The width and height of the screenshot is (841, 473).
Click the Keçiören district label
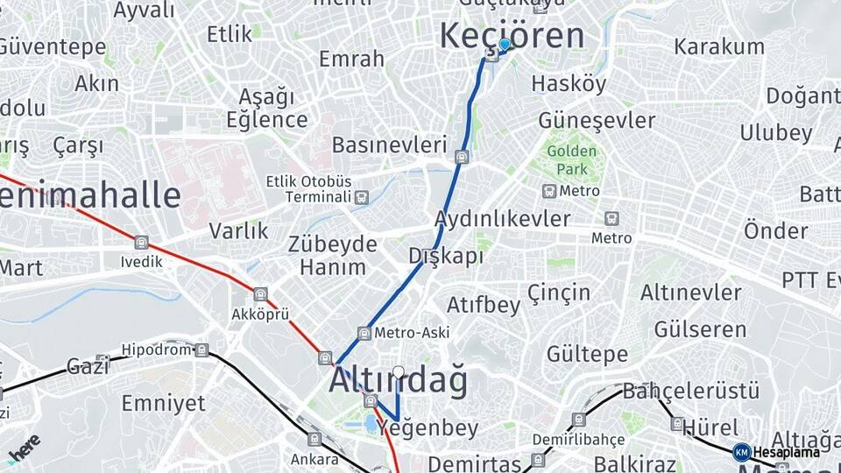(x=512, y=36)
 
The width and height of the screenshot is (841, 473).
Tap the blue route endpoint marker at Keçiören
(x=504, y=44)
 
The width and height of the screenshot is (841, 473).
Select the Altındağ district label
(x=398, y=381)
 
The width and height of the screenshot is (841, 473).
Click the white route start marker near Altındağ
(x=399, y=372)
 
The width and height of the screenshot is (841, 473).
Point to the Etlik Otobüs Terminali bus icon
(x=361, y=197)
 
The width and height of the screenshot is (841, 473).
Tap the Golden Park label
(x=571, y=159)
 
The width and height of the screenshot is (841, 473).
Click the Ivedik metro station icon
(x=142, y=243)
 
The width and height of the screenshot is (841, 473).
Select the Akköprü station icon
(x=260, y=294)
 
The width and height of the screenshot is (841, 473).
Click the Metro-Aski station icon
(x=364, y=333)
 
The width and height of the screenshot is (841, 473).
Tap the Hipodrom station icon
(x=202, y=350)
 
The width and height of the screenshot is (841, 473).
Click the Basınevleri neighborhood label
(x=389, y=145)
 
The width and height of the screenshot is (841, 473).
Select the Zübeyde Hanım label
(x=333, y=255)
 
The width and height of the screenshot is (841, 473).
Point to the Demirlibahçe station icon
(x=578, y=420)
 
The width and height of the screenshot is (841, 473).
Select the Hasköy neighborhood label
(x=569, y=84)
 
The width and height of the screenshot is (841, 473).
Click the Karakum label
(x=719, y=46)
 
